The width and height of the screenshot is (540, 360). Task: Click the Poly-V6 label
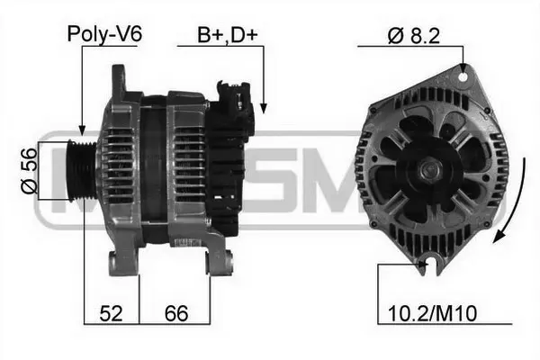[x=104, y=35]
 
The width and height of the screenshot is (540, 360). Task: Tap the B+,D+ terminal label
[x=228, y=35]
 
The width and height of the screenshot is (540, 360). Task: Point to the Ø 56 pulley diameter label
[x=30, y=171]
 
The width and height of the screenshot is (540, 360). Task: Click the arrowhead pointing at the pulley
[x=82, y=131]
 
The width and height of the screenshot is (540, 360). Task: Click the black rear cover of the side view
[x=225, y=162]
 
